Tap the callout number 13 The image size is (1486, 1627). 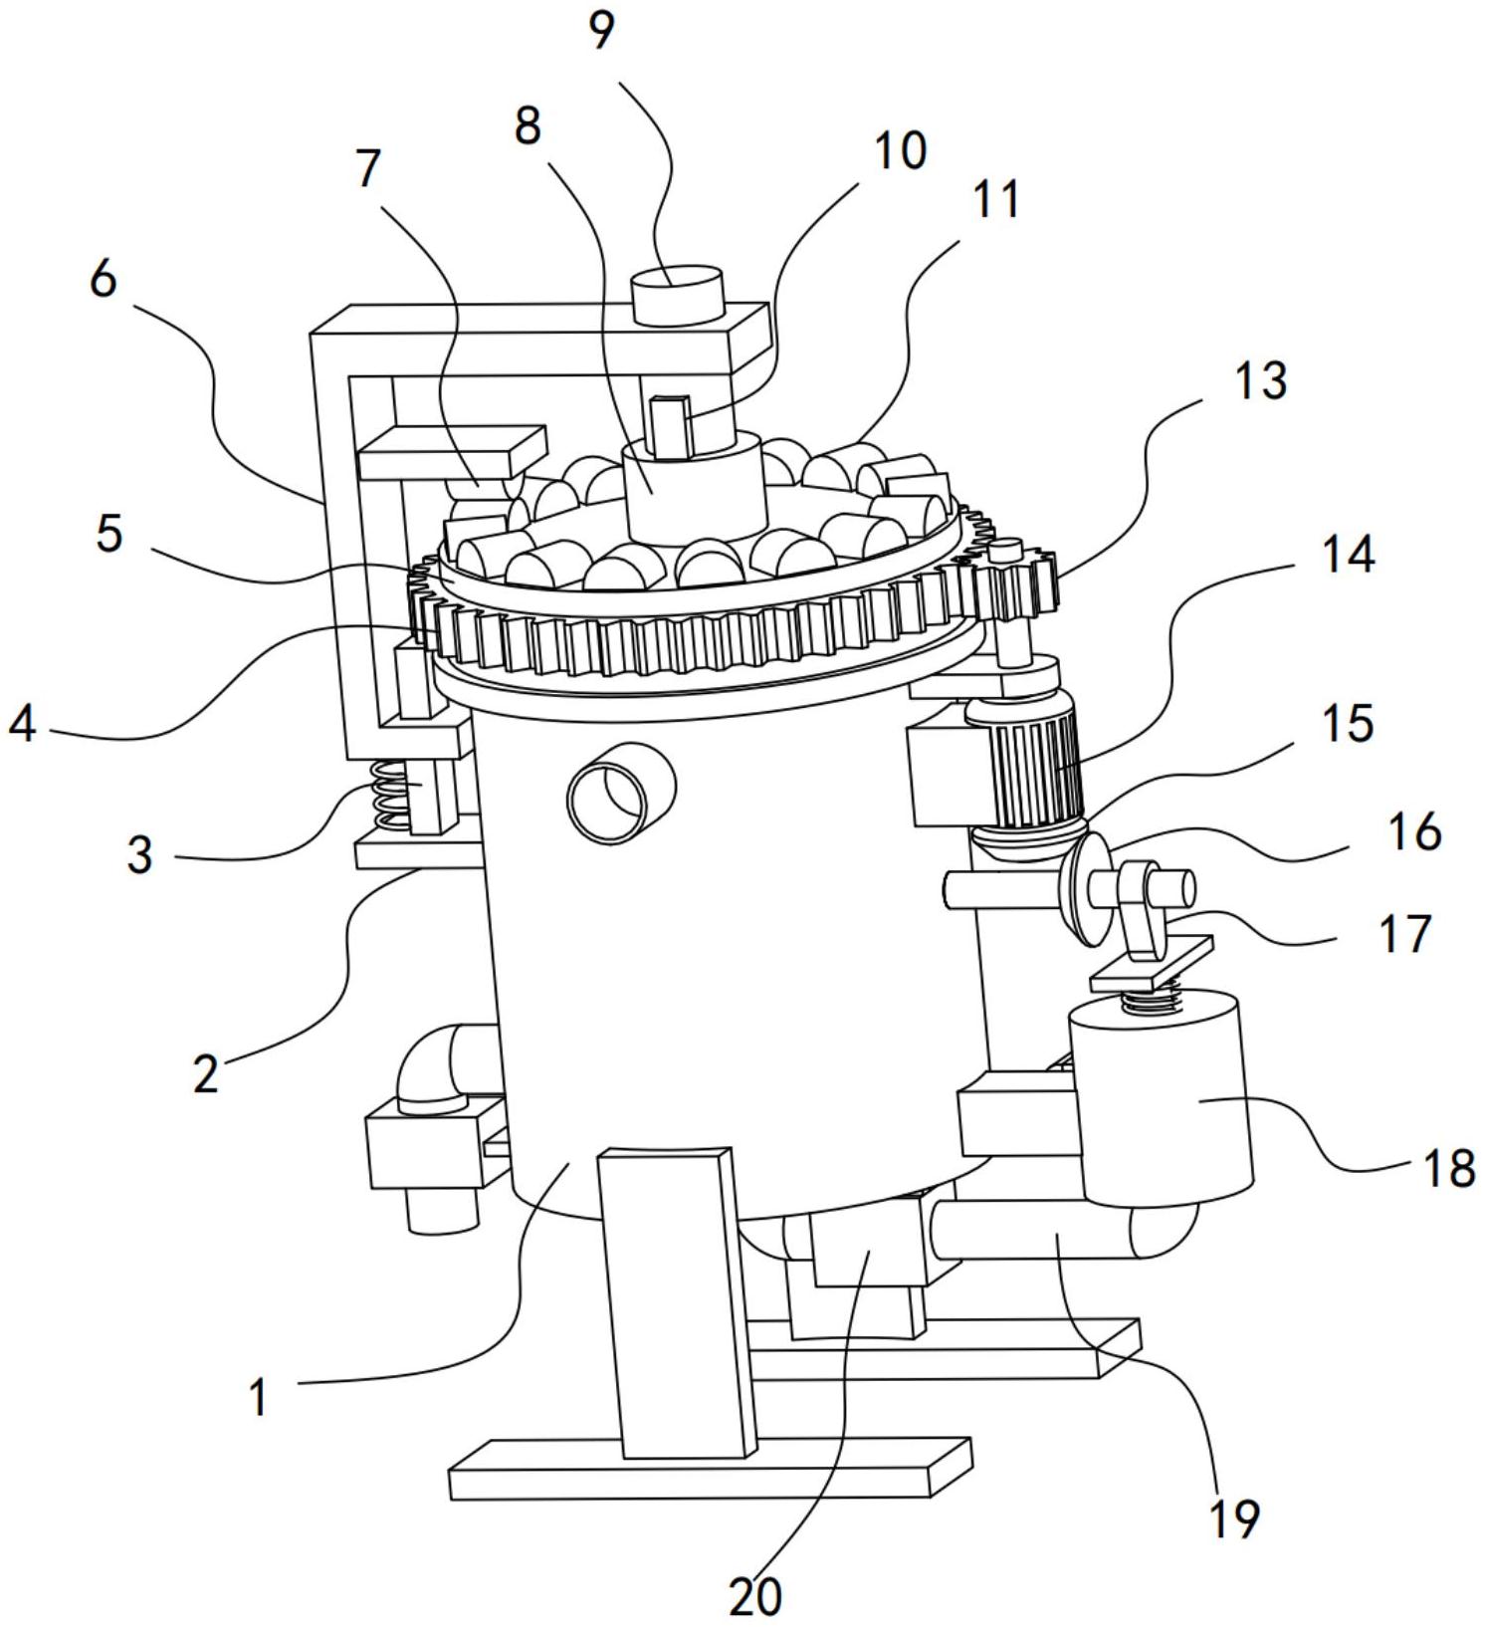1259,381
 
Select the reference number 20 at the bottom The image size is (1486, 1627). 755,1596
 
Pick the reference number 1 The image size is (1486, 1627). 258,1397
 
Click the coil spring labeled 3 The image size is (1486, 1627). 391,796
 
